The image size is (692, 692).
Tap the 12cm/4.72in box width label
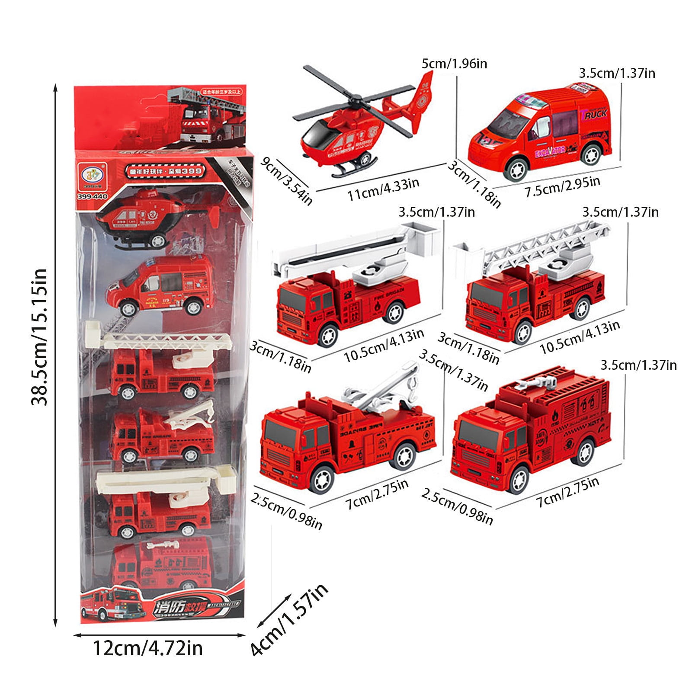tap(147, 648)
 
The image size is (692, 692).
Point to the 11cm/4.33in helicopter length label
tap(383, 189)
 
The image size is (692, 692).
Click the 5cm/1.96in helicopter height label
tap(454, 64)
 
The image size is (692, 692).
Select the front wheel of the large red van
tap(514, 169)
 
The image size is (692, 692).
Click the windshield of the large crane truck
tap(276, 434)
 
